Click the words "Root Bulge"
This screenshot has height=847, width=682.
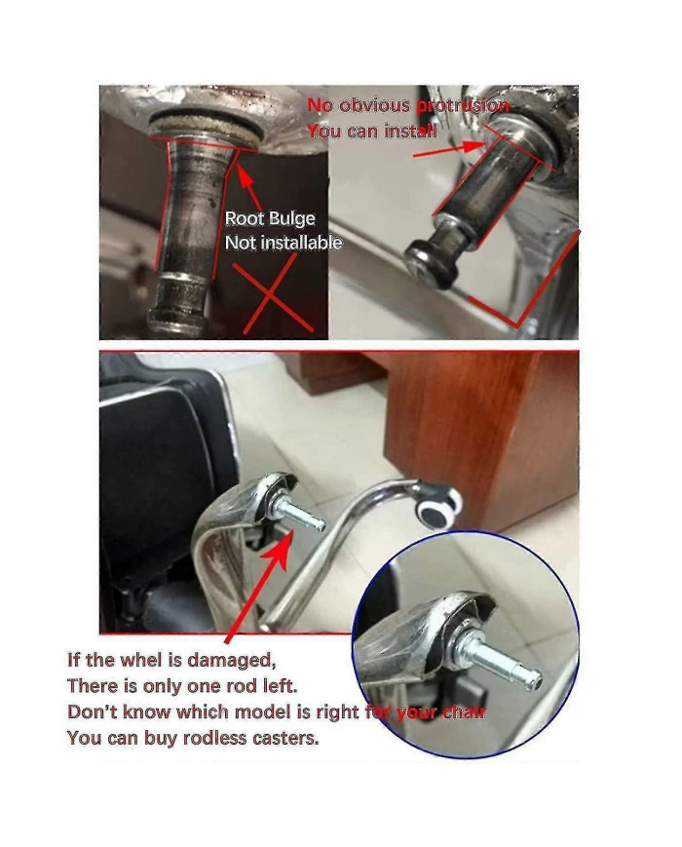point(270,218)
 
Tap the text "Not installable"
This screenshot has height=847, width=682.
point(284,242)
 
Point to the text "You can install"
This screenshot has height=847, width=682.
point(371,130)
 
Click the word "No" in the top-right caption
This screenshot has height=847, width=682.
point(321,105)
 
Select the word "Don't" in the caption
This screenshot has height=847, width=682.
point(90,712)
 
